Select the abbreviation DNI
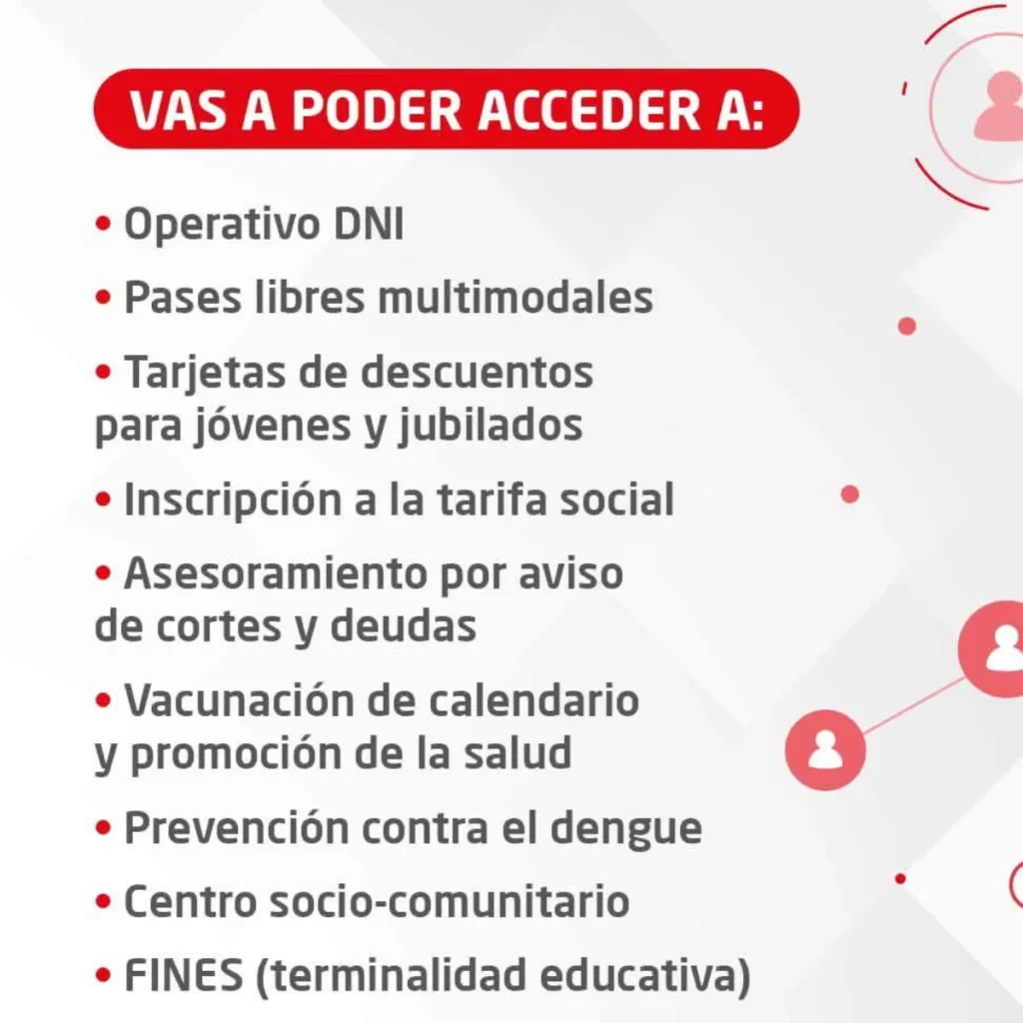369,224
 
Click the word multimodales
515,298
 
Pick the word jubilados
491,427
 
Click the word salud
518,752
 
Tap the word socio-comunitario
450,902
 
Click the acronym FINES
184,975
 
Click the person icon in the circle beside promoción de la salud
825,750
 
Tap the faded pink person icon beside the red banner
998,106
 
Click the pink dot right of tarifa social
849,495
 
